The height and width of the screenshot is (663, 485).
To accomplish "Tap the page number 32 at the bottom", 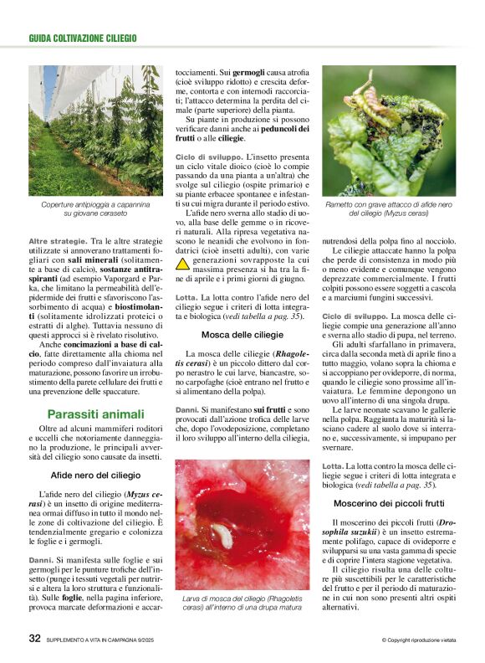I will pos(34,639).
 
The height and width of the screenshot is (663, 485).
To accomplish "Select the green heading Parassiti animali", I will pos(95,414).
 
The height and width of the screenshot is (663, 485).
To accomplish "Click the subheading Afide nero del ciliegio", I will pos(95,475).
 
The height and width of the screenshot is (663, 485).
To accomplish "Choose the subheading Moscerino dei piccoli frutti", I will pos(389,503).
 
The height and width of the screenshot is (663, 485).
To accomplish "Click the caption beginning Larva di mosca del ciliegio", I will pos(242,604).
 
